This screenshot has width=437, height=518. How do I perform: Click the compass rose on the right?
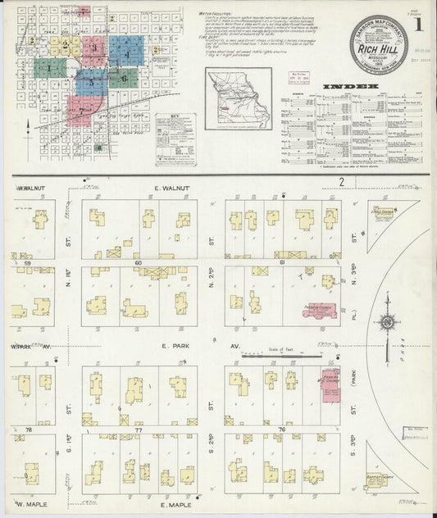pos(386,321)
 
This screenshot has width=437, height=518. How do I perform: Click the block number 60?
pos(139,262)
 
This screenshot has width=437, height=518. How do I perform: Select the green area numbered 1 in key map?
pos(48,69)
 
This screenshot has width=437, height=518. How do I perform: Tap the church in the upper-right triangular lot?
pos(384,215)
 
